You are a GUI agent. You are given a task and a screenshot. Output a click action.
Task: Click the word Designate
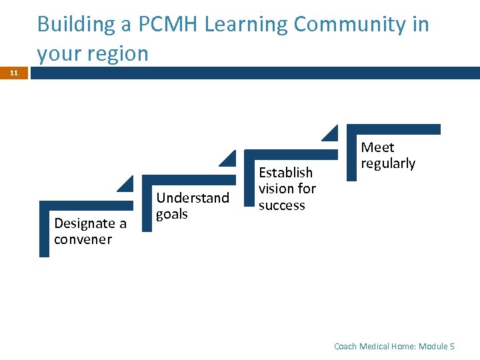coord(84,223)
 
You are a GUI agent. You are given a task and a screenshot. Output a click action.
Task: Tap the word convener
coord(83,239)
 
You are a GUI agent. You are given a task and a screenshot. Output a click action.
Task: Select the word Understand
coord(193,197)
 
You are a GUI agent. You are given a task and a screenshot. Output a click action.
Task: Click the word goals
coord(172,214)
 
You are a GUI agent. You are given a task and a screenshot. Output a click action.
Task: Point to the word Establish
coord(285,172)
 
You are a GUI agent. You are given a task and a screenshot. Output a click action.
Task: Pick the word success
coord(281,205)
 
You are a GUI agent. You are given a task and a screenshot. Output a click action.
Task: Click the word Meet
coord(377,147)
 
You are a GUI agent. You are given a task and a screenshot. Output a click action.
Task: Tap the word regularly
coord(388,163)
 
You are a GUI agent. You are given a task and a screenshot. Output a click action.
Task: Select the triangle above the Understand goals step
coord(229,159)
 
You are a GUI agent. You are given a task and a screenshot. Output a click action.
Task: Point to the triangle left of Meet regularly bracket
coord(331,133)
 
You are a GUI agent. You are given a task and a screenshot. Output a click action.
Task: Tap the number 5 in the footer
coord(452,346)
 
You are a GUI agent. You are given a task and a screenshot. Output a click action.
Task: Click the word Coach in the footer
coord(345,346)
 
